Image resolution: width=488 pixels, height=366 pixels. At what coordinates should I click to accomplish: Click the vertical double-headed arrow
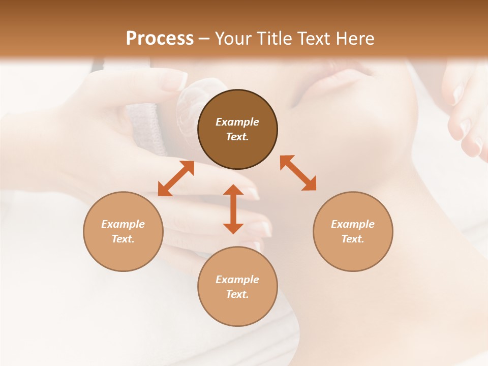click(233, 209)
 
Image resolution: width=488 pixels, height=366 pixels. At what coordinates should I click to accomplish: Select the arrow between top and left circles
click(176, 178)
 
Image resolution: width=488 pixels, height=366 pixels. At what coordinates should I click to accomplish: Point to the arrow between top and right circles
click(298, 173)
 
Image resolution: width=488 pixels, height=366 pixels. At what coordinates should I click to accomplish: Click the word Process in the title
click(160, 39)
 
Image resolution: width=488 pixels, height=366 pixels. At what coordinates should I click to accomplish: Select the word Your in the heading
click(233, 39)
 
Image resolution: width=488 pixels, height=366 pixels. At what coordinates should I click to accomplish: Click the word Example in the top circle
click(237, 122)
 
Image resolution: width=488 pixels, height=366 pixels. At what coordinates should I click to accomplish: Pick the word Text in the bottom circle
click(236, 294)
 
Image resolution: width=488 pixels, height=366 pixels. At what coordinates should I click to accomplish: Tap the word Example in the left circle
click(123, 224)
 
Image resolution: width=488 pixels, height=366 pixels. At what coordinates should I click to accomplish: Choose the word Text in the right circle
click(352, 239)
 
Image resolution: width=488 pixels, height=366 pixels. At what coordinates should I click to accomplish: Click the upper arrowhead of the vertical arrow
click(233, 190)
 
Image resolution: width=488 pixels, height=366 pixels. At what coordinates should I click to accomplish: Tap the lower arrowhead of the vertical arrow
click(233, 228)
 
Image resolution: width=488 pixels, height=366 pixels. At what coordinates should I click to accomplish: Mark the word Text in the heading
click(314, 39)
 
